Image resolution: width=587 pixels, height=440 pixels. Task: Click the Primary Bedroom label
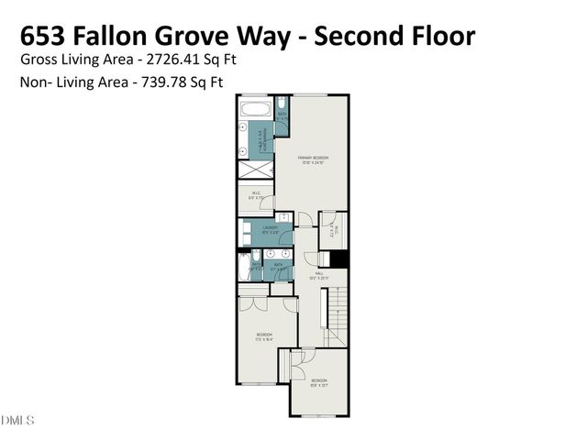pos(313,159)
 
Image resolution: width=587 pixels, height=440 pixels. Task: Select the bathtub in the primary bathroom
pos(257,110)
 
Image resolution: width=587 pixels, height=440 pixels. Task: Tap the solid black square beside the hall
pos(339,259)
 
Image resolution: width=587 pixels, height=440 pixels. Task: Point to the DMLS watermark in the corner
pos(17,421)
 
